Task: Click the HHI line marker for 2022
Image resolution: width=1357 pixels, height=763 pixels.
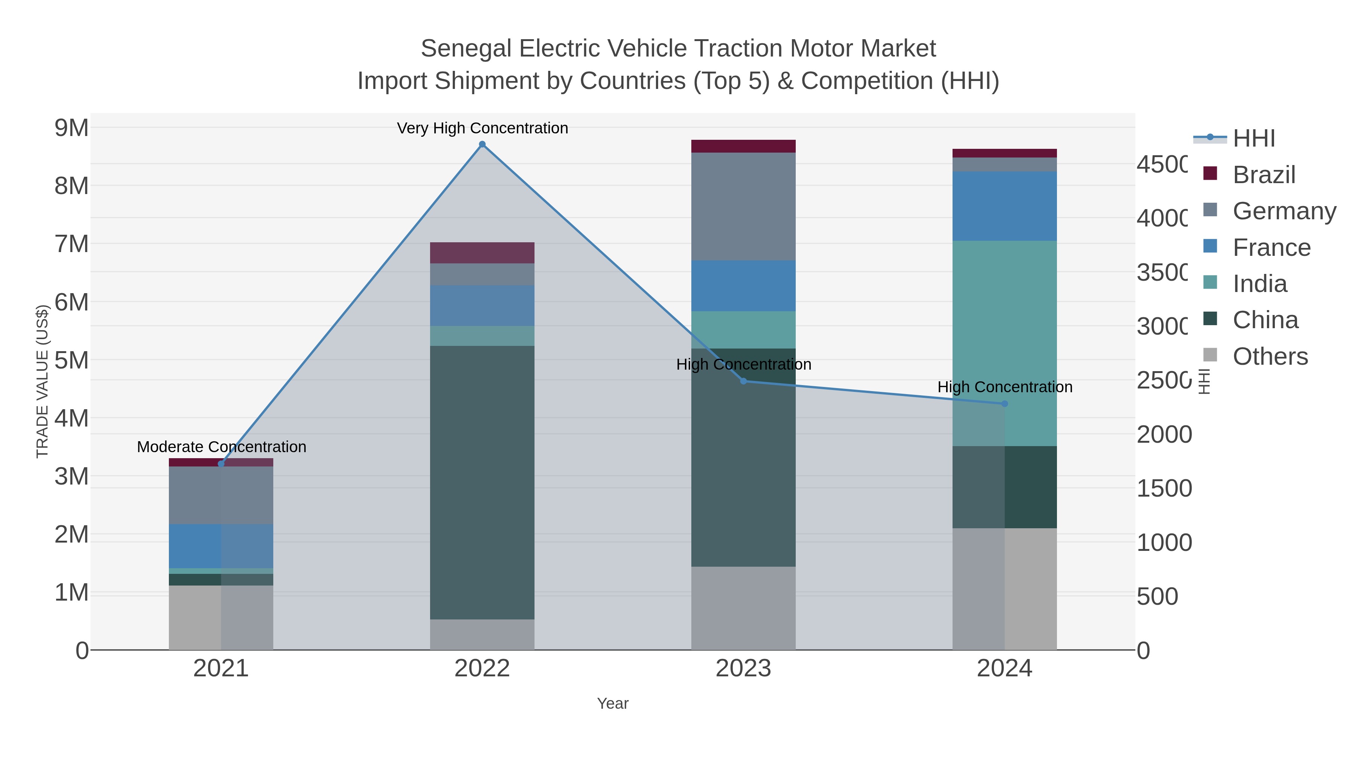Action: (x=482, y=144)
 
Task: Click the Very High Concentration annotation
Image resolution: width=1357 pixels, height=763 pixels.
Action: (x=482, y=128)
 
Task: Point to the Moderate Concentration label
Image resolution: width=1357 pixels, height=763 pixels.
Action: (x=221, y=447)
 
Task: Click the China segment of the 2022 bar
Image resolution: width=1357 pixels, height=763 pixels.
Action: (x=482, y=482)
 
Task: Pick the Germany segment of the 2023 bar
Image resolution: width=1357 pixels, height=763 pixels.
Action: (x=743, y=206)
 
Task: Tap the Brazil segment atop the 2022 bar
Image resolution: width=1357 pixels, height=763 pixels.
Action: (x=482, y=253)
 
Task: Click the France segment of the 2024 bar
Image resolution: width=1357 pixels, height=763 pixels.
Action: (x=1004, y=206)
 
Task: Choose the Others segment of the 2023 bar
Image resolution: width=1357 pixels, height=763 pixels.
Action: (x=743, y=608)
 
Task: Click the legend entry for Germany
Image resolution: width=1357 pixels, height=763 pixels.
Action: (x=1284, y=211)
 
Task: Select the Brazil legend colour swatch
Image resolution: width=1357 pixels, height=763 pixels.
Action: (x=1210, y=174)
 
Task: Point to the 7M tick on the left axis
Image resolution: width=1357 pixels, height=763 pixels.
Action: (x=72, y=244)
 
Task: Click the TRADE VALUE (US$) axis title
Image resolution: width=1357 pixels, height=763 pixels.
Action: (x=42, y=381)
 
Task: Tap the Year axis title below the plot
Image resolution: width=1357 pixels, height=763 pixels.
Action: (x=613, y=703)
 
